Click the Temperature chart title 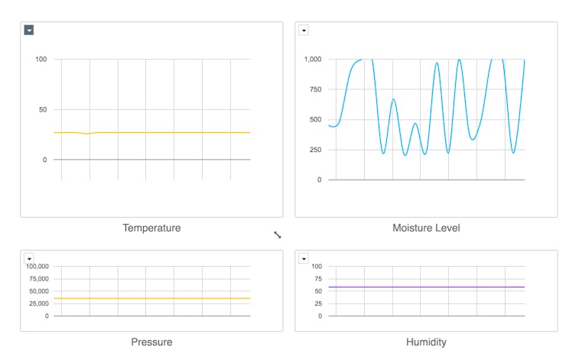(x=151, y=228)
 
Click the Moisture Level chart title (x=426, y=228)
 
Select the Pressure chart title (x=151, y=342)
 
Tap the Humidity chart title (x=426, y=342)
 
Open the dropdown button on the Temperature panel (x=29, y=31)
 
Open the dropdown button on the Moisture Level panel (x=304, y=31)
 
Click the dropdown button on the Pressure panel (x=29, y=258)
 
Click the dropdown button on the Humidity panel (x=304, y=258)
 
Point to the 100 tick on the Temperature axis (x=41, y=60)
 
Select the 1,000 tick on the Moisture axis (x=312, y=60)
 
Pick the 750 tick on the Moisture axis (x=314, y=89)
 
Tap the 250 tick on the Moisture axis (x=314, y=150)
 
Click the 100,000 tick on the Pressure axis (x=37, y=267)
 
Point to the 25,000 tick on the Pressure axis (x=38, y=303)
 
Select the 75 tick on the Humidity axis (x=317, y=279)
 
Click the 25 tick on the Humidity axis (x=317, y=303)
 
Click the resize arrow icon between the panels (x=278, y=235)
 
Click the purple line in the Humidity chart (x=426, y=287)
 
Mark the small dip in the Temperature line (x=87, y=134)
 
